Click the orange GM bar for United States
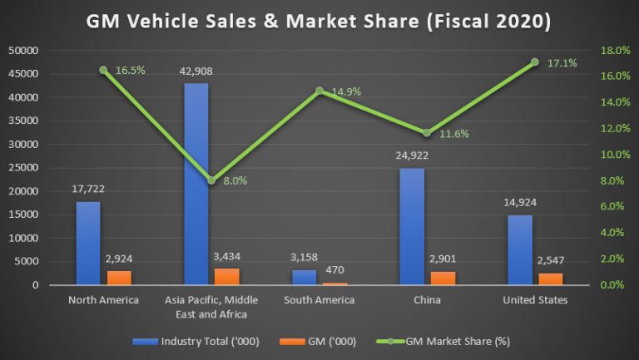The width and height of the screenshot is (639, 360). click(551, 279)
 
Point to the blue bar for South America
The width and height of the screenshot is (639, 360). click(305, 277)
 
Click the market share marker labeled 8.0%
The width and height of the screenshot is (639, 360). click(211, 180)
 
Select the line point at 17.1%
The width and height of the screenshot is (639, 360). click(534, 62)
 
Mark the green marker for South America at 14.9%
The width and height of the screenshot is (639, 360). click(319, 91)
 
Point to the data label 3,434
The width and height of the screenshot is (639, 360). click(226, 258)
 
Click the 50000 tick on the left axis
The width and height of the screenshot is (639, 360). click(22, 51)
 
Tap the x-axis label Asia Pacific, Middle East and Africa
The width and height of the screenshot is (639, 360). click(211, 307)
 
